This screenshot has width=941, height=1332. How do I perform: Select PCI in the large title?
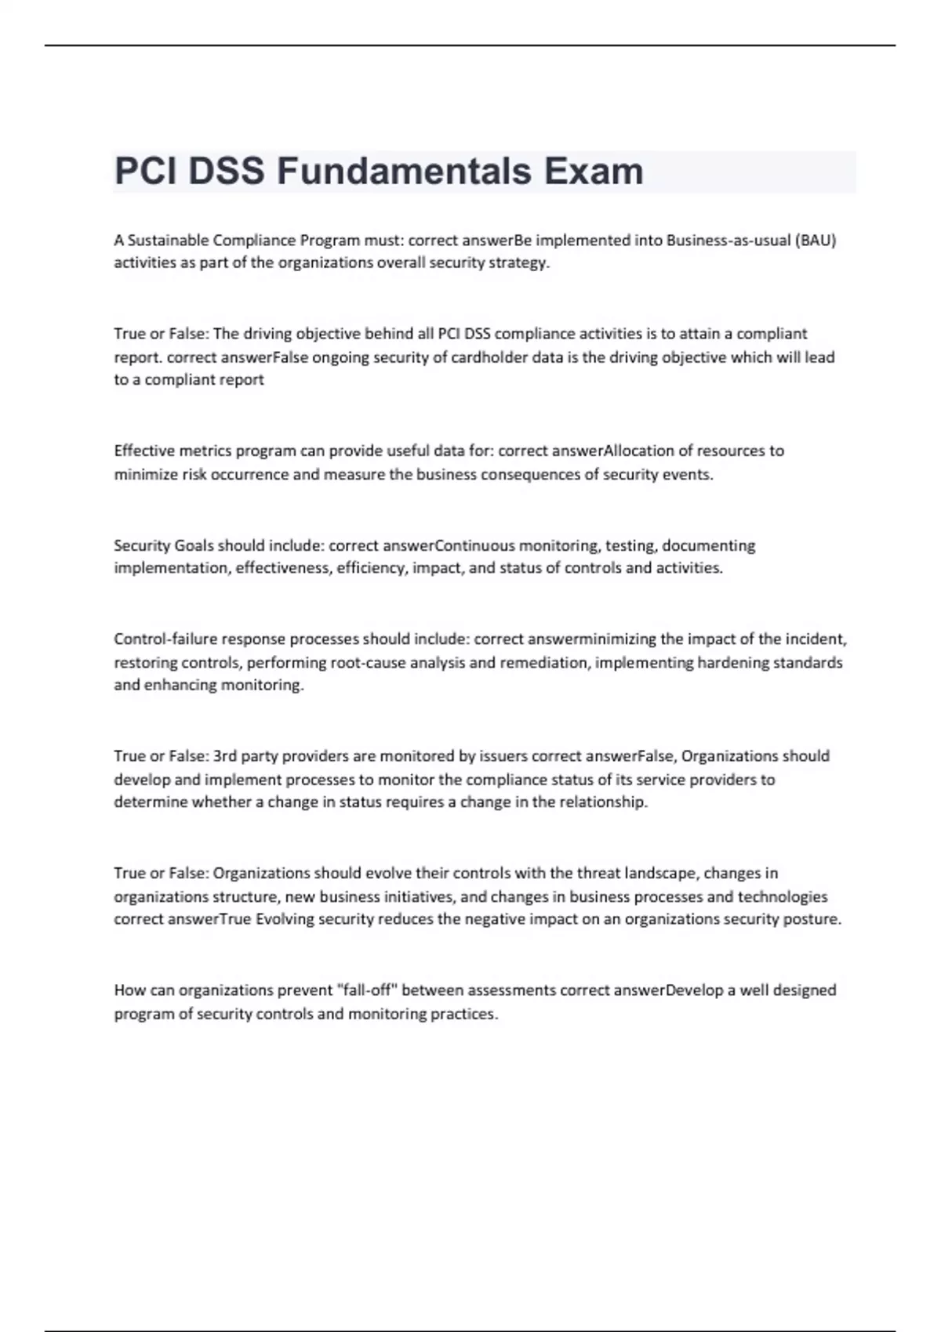point(146,172)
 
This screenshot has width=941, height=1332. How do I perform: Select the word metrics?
point(205,451)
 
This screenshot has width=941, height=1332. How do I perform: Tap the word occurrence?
point(249,475)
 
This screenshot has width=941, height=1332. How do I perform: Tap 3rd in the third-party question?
point(225,756)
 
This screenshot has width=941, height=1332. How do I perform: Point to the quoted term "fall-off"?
point(366,990)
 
